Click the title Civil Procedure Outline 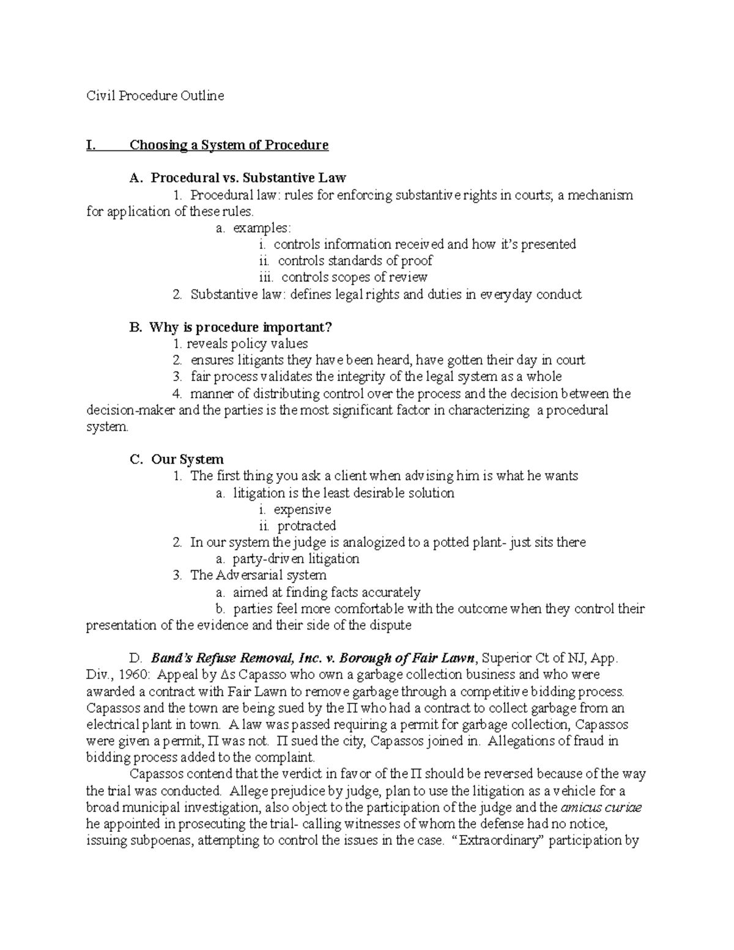(x=155, y=96)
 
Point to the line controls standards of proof (x=355, y=261)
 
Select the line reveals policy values (x=247, y=344)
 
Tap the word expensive (x=302, y=510)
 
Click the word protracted (x=306, y=526)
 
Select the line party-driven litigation (x=296, y=559)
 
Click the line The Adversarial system (x=258, y=576)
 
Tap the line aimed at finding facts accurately (x=327, y=592)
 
